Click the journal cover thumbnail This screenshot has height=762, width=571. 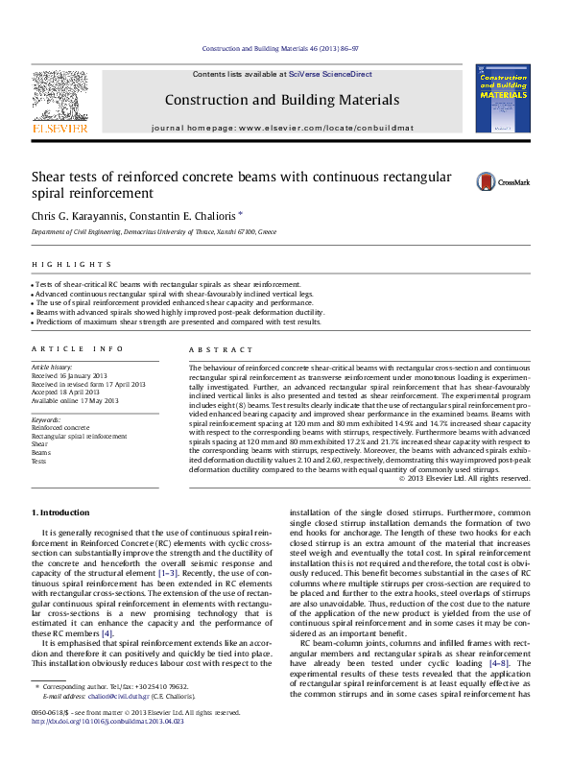(x=502, y=99)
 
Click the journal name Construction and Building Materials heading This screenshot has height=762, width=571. (x=281, y=100)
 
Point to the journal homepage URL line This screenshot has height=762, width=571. (x=282, y=128)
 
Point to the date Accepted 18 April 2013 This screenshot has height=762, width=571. (x=70, y=393)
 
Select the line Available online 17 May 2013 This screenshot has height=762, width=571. (x=75, y=400)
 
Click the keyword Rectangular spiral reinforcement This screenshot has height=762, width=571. (x=79, y=436)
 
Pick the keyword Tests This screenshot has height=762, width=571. (x=38, y=461)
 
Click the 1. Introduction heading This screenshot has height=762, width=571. (x=62, y=512)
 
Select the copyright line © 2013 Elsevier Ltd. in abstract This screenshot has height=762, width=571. (x=464, y=477)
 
